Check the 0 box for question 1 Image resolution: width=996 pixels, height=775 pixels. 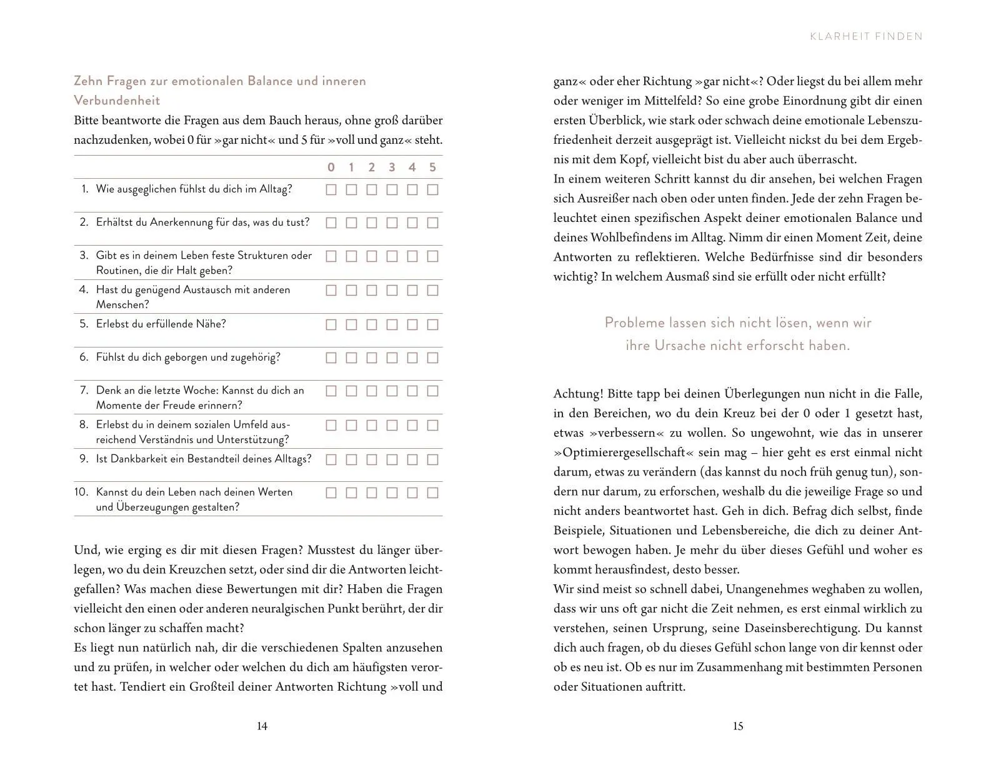[331, 189]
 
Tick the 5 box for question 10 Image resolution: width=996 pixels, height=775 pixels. [432, 492]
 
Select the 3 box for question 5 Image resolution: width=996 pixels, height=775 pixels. [392, 324]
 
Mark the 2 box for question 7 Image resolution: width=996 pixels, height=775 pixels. [372, 391]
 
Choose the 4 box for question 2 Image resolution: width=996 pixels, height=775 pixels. [412, 223]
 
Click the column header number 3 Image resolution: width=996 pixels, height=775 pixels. [392, 167]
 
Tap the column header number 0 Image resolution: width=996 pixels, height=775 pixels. [331, 167]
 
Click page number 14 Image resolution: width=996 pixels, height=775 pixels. [262, 726]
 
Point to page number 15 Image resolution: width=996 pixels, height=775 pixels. [738, 726]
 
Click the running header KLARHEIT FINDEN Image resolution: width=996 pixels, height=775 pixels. [866, 36]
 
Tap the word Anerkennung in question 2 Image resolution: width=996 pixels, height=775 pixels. [181, 222]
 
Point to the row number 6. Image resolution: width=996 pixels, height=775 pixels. [84, 357]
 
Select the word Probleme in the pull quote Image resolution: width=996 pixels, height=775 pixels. [634, 323]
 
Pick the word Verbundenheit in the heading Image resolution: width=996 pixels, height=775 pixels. [117, 101]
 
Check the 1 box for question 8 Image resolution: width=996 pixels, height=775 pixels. [351, 426]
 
